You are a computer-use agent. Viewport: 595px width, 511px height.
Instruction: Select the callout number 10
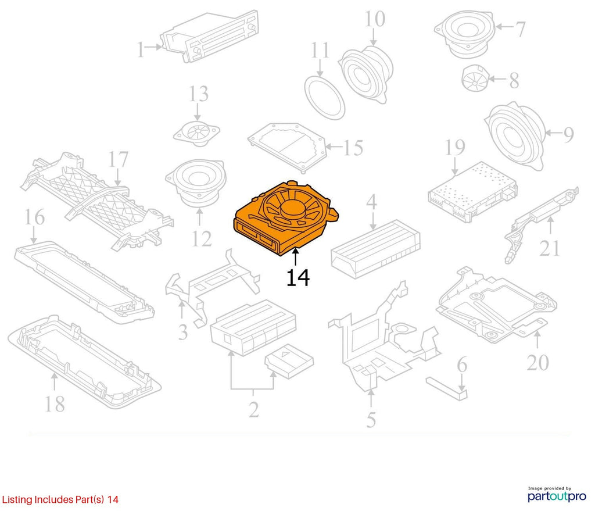click(x=375, y=19)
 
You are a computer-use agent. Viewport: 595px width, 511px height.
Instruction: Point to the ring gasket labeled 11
click(x=325, y=98)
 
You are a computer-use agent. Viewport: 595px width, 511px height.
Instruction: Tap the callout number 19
click(x=454, y=148)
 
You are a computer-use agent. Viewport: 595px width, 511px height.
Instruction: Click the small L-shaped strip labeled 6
click(x=447, y=388)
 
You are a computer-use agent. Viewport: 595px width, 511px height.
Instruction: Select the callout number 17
click(x=119, y=159)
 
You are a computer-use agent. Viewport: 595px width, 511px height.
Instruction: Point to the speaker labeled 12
click(x=196, y=182)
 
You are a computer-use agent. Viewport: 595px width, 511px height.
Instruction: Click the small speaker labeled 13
click(x=196, y=133)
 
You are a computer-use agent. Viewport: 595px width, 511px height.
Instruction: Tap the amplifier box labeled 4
click(x=376, y=249)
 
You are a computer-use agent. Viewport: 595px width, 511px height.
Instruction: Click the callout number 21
click(x=550, y=249)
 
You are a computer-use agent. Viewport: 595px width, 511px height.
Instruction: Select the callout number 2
click(x=253, y=409)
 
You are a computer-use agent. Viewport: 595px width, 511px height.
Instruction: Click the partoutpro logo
click(x=557, y=494)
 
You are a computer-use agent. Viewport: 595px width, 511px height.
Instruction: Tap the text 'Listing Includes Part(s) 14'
click(x=60, y=499)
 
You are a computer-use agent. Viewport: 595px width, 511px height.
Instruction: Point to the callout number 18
click(x=55, y=404)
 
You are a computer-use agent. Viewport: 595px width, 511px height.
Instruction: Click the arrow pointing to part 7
click(x=504, y=27)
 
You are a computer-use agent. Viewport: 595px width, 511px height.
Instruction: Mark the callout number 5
click(x=371, y=420)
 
